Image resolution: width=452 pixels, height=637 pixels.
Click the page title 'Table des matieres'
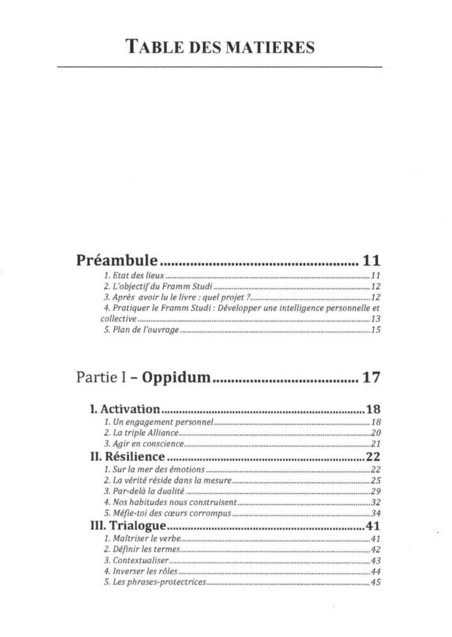tap(219, 47)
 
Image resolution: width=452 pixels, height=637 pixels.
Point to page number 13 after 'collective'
tap(375, 318)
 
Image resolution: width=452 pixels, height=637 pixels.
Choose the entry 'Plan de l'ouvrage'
tap(141, 330)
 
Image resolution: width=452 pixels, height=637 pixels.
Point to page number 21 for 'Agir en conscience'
tap(375, 444)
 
